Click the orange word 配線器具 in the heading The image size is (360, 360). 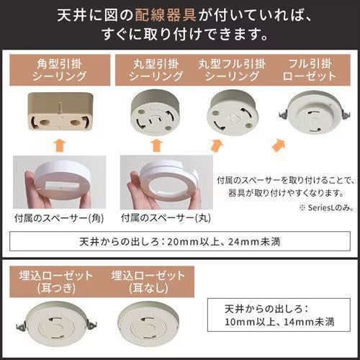point(166,15)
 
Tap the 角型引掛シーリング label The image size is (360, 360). point(60,70)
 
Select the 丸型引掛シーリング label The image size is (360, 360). point(156,70)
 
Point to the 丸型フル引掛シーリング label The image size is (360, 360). point(232,70)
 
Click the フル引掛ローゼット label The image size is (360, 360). point(310,70)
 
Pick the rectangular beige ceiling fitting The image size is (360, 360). point(60,112)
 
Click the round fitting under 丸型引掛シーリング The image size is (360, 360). point(155,112)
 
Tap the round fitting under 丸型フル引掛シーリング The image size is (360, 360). point(233,113)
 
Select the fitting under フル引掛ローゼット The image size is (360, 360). point(314,113)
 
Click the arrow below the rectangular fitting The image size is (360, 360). point(60,146)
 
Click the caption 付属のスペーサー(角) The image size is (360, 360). point(59,218)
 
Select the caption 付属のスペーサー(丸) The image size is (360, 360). point(166,218)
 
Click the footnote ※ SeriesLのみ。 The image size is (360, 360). point(327,208)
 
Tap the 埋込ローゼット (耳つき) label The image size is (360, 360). point(56,282)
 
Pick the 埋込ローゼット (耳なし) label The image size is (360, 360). point(148,282)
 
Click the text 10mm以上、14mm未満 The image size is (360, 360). point(279,322)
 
